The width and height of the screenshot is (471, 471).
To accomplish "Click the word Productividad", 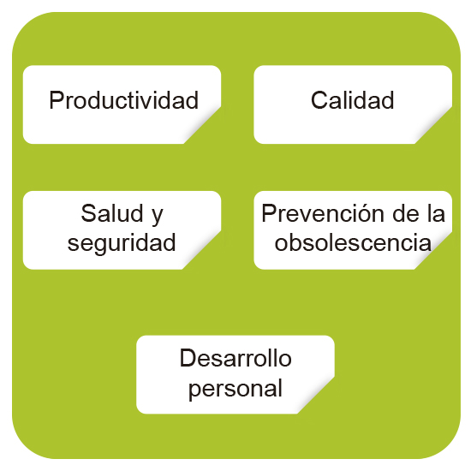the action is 124,100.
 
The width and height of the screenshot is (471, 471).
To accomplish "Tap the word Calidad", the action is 352,100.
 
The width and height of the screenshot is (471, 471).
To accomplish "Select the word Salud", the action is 111,213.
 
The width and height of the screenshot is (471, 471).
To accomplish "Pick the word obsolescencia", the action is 353,242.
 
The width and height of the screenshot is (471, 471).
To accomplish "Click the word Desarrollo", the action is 235,358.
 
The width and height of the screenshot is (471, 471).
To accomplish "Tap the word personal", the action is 235,389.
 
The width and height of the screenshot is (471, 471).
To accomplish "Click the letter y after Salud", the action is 158,217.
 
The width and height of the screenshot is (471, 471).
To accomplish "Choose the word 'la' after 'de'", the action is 436,213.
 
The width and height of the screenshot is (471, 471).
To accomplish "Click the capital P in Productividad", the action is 57,100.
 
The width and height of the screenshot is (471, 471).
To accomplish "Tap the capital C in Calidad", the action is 319,100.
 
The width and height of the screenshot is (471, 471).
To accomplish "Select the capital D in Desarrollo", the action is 188,358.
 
